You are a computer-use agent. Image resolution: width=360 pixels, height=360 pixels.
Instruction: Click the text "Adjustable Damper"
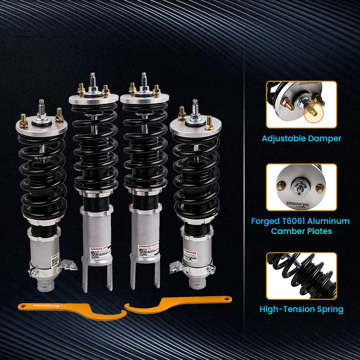[301, 138]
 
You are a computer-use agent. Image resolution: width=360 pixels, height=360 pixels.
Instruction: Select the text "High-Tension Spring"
[301, 309]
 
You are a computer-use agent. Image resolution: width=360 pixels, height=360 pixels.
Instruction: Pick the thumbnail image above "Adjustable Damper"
[301, 104]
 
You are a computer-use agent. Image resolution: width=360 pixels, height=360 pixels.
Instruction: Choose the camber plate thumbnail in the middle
[301, 187]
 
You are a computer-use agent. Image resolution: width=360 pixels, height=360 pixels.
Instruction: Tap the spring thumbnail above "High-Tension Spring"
[301, 275]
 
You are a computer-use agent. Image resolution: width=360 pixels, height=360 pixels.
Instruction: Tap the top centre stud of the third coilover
[144, 79]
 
